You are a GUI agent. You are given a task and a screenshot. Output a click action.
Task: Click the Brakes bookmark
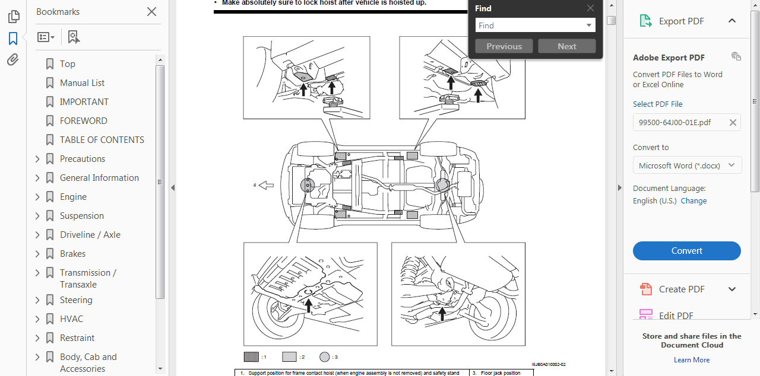click(x=72, y=254)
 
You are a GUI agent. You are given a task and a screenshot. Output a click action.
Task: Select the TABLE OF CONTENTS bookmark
click(x=102, y=140)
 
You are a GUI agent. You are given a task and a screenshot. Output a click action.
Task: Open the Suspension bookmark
click(x=81, y=216)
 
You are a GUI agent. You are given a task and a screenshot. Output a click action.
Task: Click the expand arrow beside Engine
click(x=37, y=197)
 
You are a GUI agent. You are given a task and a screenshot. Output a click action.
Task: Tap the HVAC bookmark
click(x=71, y=319)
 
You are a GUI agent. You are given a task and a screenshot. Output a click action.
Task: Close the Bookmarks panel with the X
click(x=151, y=12)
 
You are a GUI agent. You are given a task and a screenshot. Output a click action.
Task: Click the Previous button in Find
click(x=504, y=46)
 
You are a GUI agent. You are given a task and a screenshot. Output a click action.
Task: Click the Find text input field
click(x=530, y=26)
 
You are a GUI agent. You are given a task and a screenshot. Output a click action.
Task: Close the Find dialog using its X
click(x=590, y=8)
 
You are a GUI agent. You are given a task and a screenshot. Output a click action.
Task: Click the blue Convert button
click(x=686, y=251)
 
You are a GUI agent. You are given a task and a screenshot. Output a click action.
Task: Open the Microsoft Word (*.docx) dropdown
click(x=687, y=165)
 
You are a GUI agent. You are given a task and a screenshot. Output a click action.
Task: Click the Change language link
click(x=693, y=201)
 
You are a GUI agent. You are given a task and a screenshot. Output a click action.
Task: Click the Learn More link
click(x=692, y=360)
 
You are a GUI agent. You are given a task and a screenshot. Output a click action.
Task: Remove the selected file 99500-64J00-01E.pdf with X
click(x=733, y=123)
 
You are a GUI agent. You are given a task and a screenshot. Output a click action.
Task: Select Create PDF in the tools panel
click(x=681, y=289)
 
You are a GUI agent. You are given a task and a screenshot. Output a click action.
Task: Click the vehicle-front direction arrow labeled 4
click(x=266, y=186)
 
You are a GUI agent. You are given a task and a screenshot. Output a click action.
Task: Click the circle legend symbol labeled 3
click(x=324, y=357)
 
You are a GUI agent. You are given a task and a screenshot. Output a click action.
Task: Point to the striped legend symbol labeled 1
click(x=251, y=357)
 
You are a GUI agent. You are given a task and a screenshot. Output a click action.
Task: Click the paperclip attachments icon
click(x=13, y=60)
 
